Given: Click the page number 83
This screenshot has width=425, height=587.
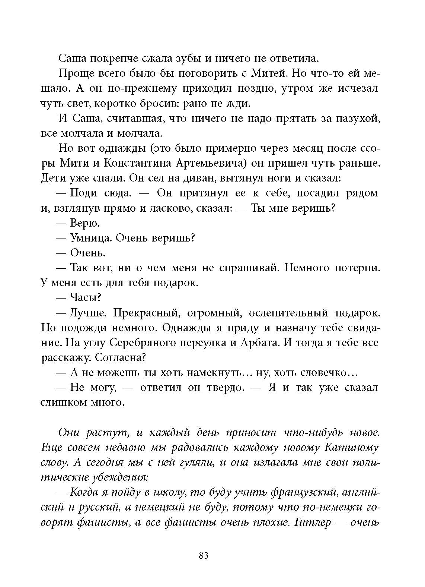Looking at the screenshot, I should tap(204, 555).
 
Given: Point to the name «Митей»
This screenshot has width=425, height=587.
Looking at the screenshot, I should tap(267, 73).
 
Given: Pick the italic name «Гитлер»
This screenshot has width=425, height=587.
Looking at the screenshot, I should tap(312, 522).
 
